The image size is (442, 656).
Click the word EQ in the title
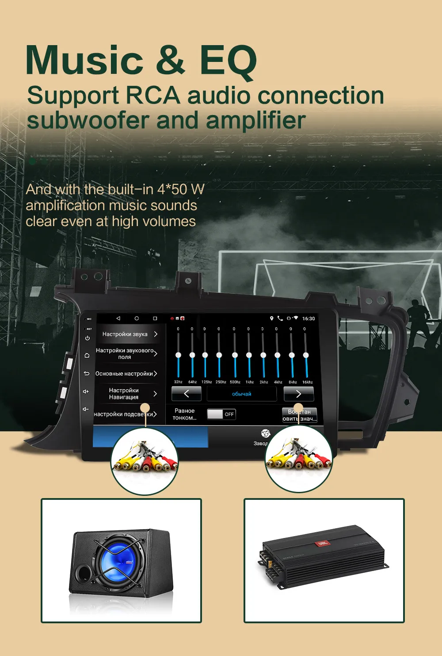tap(228, 61)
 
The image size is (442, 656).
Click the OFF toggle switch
tap(221, 414)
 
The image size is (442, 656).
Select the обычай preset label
tap(241, 394)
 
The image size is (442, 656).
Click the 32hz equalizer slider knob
tap(178, 355)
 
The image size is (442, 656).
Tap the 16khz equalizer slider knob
tap(306, 355)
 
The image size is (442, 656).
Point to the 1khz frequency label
tap(250, 382)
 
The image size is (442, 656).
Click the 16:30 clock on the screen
tap(309, 318)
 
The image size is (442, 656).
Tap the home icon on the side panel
tap(87, 355)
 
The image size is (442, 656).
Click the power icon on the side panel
tap(88, 338)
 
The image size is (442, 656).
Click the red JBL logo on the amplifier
tap(322, 543)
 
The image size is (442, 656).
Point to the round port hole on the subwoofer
tap(83, 574)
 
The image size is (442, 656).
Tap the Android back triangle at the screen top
tap(118, 318)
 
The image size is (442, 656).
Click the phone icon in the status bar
tap(280, 318)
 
